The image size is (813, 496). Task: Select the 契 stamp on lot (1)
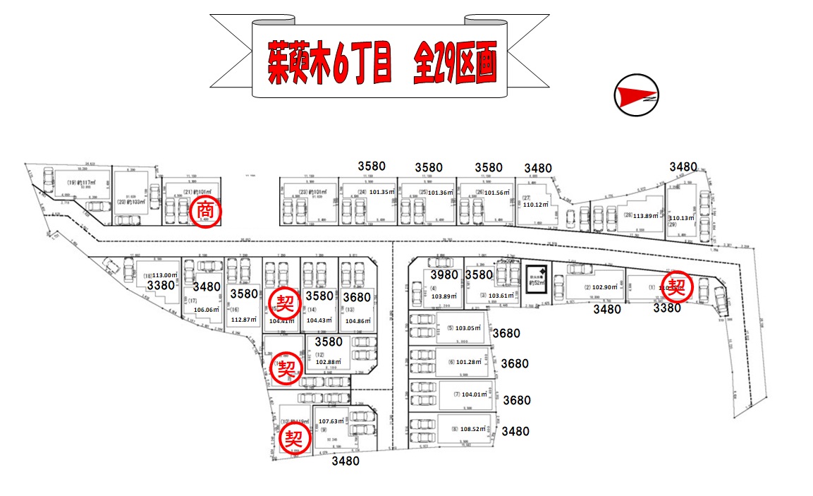pos(677,286)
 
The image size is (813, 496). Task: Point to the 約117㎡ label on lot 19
pos(80,182)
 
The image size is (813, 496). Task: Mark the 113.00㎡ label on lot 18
pos(159,276)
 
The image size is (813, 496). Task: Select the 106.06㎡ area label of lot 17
pos(206,309)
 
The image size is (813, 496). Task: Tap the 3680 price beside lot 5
pos(506,333)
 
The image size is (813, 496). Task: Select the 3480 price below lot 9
pos(346,461)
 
